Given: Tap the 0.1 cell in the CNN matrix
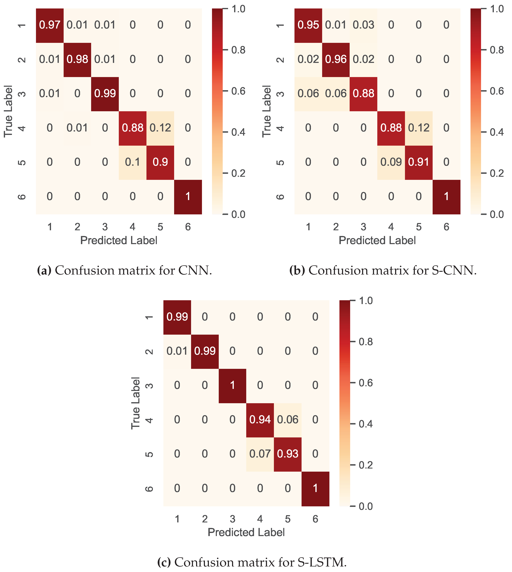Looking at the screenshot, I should click(x=132, y=162).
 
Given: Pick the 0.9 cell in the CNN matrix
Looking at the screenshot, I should click(x=160, y=162).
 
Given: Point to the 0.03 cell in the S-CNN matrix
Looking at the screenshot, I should click(x=363, y=25).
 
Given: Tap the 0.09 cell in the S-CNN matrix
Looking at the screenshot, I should click(x=391, y=162).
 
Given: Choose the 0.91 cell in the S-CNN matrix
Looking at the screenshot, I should click(x=419, y=162).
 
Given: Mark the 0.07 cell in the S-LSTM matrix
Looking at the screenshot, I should click(x=260, y=454).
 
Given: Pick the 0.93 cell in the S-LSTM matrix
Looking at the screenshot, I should click(x=288, y=454).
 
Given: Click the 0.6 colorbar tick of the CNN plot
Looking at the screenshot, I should click(x=238, y=91).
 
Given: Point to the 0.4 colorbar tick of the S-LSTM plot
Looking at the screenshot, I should click(x=365, y=424).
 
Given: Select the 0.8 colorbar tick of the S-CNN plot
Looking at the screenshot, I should click(x=497, y=50).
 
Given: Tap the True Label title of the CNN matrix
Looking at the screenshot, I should click(x=8, y=111).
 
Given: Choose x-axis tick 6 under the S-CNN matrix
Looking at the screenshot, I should click(x=446, y=227).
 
